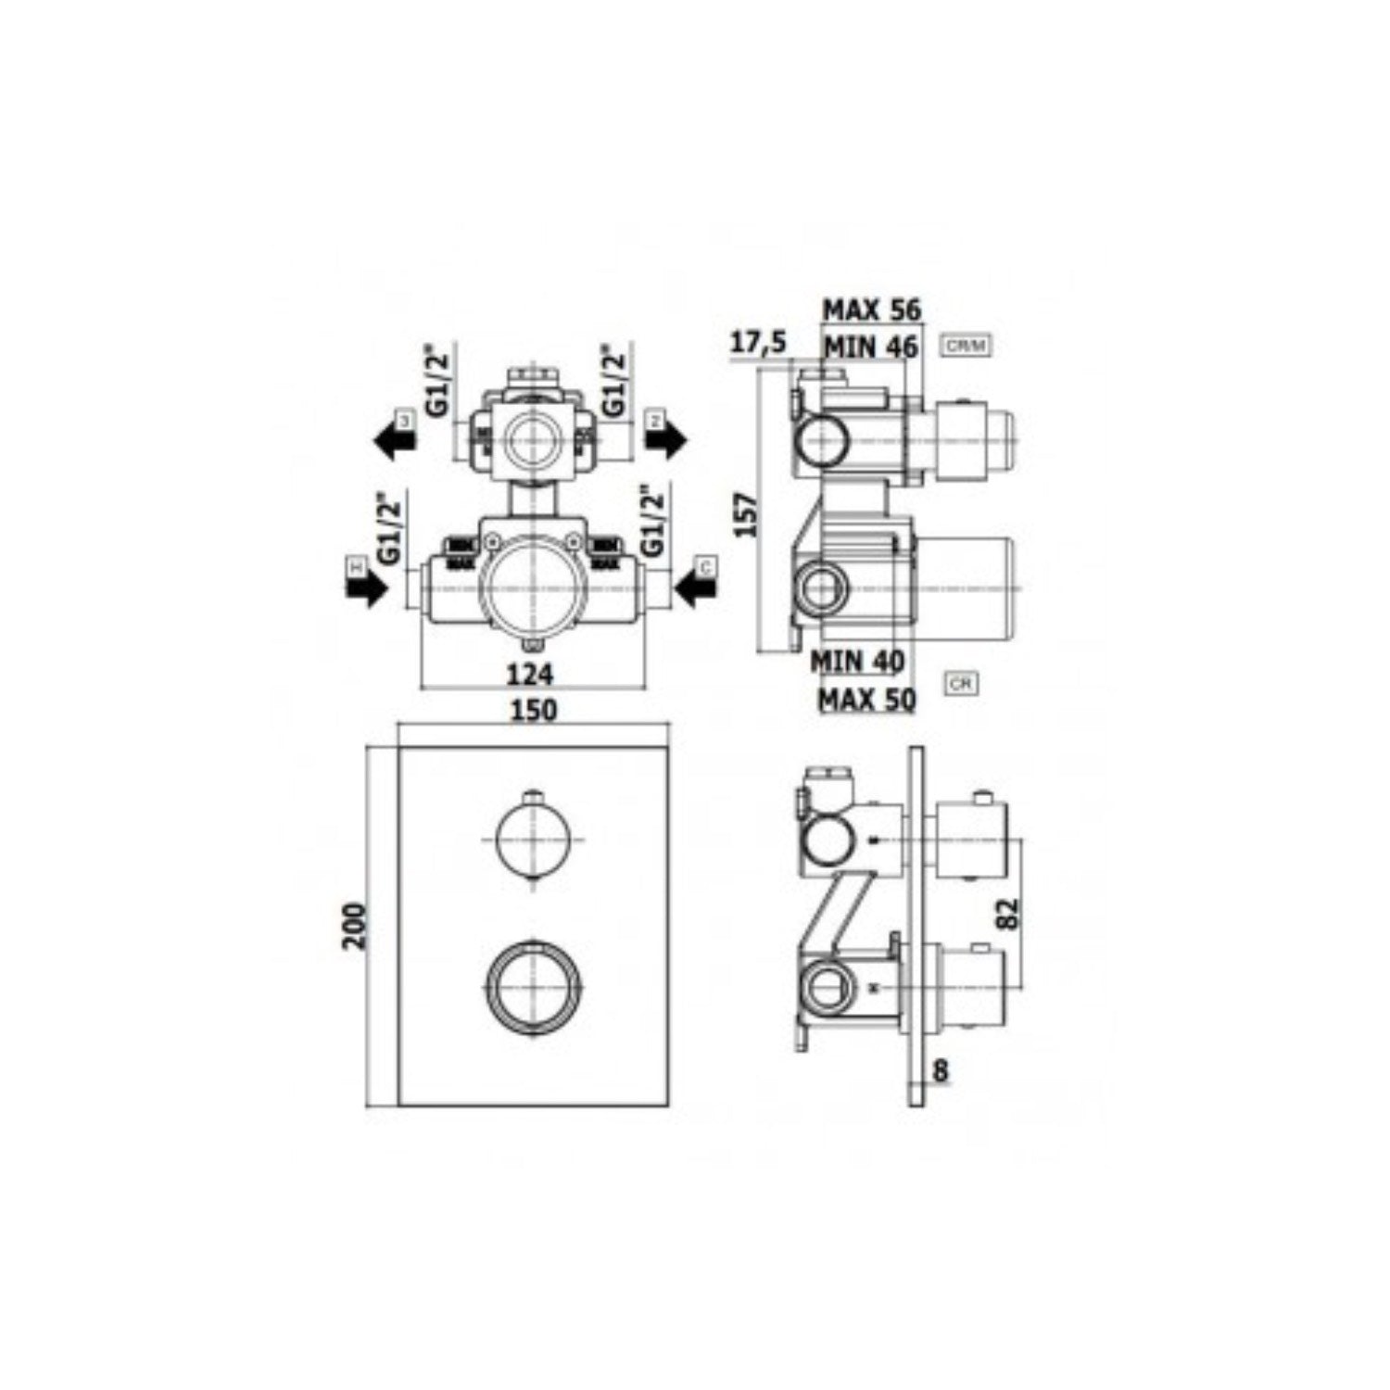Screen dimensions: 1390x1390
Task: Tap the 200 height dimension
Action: point(356,924)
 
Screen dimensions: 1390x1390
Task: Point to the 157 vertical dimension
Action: point(746,513)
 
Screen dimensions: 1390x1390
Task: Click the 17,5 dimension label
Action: point(757,343)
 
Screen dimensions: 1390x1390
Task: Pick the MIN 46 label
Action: point(870,347)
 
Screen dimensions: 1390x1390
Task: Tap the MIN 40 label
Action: point(857,662)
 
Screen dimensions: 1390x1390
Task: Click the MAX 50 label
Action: point(866,699)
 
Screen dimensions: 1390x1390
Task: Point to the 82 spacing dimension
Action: point(1009,913)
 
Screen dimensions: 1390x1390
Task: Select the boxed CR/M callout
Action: point(966,347)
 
